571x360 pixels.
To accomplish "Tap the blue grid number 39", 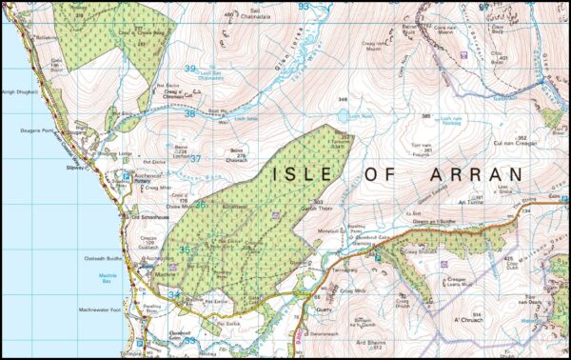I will pyautogui.click(x=190, y=69).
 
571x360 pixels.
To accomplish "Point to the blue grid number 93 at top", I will pyautogui.click(x=304, y=6).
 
